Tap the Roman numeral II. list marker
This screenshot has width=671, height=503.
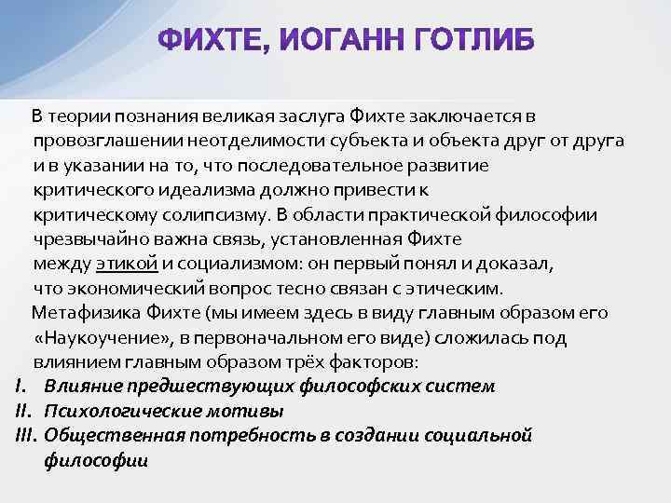pyautogui.click(x=24, y=411)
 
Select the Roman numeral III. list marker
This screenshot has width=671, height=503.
pyautogui.click(x=26, y=435)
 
